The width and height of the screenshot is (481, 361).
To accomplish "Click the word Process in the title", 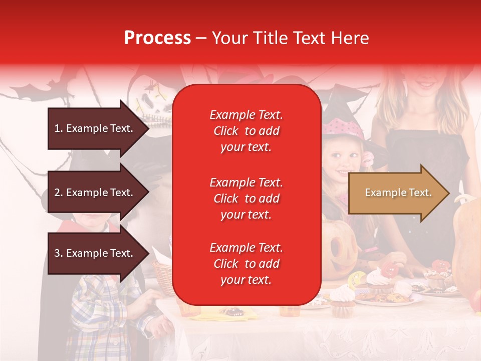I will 157,38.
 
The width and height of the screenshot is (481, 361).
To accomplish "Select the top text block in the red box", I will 246,131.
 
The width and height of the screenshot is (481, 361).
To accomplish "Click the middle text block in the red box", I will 246,199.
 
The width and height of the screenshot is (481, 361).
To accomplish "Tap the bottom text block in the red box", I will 246,264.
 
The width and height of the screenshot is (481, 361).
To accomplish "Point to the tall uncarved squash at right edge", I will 466,241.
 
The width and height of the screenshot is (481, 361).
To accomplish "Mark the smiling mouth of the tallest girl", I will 426,83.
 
